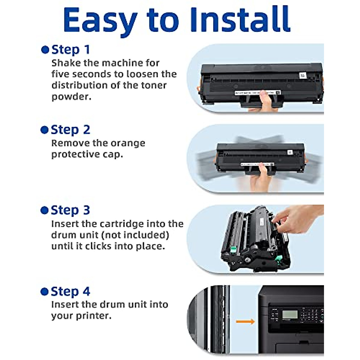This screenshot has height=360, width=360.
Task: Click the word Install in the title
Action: [240, 19]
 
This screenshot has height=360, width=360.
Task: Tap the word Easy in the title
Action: [100, 22]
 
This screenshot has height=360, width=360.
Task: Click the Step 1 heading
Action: [70, 50]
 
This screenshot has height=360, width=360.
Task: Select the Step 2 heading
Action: [70, 130]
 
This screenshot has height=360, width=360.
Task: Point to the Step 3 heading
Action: [70, 210]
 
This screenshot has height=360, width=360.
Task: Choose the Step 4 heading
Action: [70, 292]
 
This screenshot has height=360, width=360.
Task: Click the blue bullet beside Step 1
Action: [45, 50]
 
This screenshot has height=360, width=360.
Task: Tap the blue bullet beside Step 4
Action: [44, 292]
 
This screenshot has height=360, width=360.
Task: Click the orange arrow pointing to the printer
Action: [245, 322]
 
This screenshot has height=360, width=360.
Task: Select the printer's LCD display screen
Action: [289, 314]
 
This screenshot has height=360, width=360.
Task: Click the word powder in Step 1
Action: [71, 97]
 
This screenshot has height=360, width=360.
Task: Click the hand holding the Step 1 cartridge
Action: [265, 102]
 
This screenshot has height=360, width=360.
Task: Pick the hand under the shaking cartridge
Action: [262, 178]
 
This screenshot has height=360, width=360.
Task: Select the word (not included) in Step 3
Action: [135, 235]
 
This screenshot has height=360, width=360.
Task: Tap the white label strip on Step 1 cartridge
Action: [258, 92]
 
